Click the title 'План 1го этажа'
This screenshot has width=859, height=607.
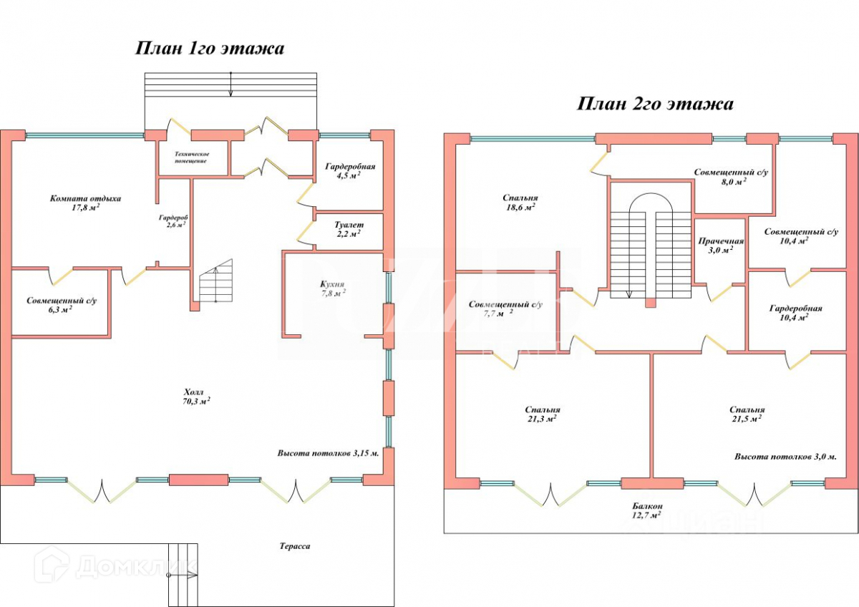point(210,49)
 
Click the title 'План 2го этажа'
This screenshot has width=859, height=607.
point(655,105)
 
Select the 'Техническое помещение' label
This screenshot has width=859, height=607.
point(192,157)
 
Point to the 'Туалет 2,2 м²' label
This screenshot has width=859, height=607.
point(348,228)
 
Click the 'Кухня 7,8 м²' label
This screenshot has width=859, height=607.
point(333,287)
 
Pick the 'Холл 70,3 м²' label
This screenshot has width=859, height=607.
point(195,397)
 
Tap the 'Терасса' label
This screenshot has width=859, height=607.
point(295,546)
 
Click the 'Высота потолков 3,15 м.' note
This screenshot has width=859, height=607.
point(328,453)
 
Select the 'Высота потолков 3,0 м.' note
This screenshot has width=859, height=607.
point(785,456)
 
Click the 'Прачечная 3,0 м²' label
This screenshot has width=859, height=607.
point(721,246)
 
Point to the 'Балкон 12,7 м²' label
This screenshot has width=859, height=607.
point(645,509)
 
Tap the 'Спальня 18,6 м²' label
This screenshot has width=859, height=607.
point(520,202)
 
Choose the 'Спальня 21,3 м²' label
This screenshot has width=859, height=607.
point(542,414)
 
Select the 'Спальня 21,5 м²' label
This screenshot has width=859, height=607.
point(747,414)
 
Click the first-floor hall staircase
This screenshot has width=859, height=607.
point(216,282)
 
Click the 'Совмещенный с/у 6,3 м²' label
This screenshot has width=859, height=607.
point(62,305)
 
